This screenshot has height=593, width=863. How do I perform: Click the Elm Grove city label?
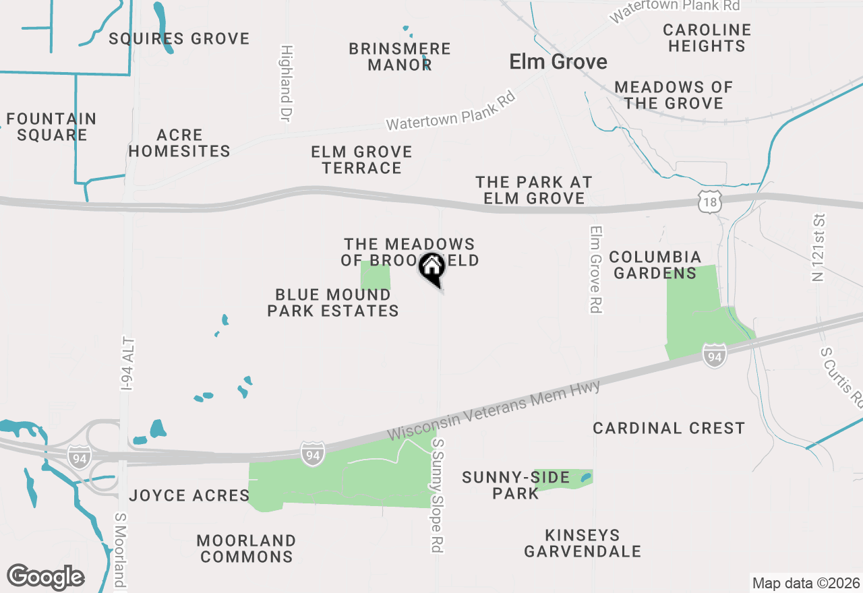pos(558,62)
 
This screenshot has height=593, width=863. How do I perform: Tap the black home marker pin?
pos(431,268)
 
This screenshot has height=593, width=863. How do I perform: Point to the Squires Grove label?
pos(179,38)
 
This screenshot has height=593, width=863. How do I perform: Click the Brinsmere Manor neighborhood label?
pos(400,57)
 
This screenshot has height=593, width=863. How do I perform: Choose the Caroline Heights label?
pos(707,38)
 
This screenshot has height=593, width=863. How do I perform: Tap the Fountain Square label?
pos(52,127)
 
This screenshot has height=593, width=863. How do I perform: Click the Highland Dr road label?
pos(287,83)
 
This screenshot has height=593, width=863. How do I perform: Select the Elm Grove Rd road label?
pos(595,269)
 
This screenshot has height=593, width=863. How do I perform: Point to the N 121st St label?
pos(819,247)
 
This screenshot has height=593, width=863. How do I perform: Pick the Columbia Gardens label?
pos(655,265)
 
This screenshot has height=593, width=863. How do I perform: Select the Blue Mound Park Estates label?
pos(333,303)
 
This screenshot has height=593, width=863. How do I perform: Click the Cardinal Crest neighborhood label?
pos(669,428)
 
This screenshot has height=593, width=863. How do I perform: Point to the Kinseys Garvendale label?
pos(583,543)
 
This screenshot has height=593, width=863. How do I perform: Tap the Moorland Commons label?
pos(247,549)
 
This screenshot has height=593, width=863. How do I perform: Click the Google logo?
pos(46,577)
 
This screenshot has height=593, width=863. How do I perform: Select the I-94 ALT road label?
pos(127,364)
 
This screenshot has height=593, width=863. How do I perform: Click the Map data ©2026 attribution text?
pos(806,583)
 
